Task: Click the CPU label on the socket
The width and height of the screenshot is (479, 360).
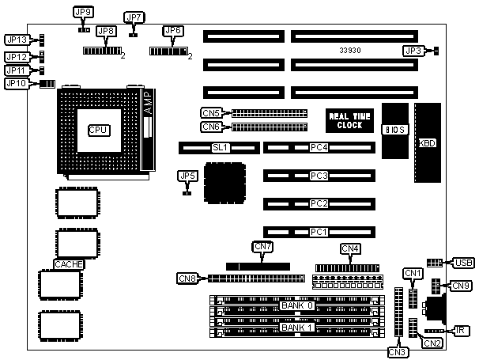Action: click(x=98, y=129)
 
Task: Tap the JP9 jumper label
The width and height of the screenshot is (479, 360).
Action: click(x=82, y=13)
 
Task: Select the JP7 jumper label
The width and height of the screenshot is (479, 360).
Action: click(x=134, y=17)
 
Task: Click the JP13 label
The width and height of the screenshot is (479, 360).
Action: click(x=17, y=40)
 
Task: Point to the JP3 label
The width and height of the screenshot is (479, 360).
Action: click(x=413, y=51)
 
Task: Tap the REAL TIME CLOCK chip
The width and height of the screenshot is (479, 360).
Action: click(x=349, y=120)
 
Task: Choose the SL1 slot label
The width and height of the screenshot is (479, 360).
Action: click(x=219, y=147)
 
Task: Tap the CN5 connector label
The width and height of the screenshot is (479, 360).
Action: click(x=211, y=113)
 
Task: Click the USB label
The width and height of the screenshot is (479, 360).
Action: click(x=463, y=262)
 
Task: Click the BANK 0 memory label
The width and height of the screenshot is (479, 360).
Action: click(x=297, y=305)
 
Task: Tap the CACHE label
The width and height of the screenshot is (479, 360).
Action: click(x=68, y=264)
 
